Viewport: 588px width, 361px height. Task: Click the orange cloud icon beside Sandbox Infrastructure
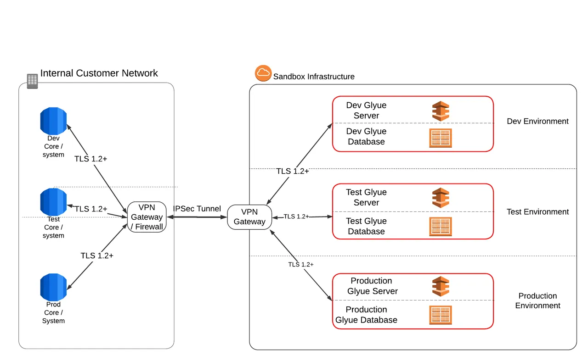263,73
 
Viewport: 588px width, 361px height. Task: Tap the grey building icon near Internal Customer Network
32,81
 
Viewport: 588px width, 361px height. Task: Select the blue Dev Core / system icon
53,121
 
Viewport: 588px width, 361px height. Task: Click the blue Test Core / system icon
53,202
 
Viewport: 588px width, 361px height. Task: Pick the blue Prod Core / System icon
53,287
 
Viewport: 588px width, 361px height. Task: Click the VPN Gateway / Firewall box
147,217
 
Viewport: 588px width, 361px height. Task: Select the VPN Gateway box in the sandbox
249,217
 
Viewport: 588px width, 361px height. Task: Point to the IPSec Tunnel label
197,209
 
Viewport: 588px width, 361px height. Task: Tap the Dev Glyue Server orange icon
441,111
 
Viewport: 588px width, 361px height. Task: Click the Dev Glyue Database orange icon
441,138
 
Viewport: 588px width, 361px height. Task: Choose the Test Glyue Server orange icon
441,198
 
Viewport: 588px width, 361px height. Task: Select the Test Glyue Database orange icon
441,227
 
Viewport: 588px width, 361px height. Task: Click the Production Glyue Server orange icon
441,286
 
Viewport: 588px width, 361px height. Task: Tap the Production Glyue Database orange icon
441,315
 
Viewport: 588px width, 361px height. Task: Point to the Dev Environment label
537,122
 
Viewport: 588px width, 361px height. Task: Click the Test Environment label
537,212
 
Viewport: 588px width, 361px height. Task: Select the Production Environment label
537,301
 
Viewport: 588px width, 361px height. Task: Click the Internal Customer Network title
99,73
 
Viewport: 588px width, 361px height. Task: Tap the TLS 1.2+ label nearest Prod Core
97,255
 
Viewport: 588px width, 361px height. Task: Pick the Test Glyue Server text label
366,197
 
